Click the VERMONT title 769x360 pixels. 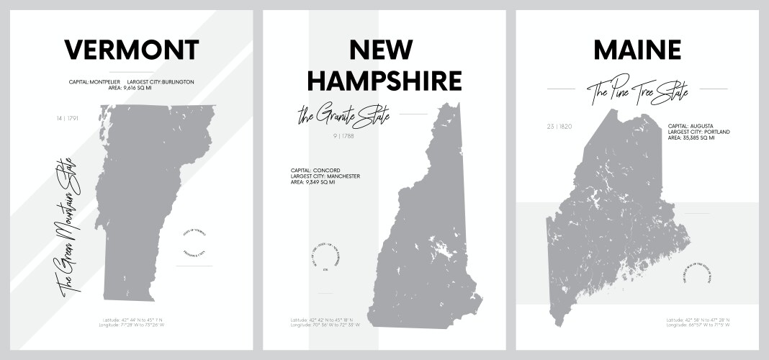point(132,50)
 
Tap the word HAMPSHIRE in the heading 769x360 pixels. point(384,81)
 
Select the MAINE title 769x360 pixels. point(637,50)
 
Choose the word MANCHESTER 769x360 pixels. point(341,176)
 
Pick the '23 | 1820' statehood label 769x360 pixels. point(559,127)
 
